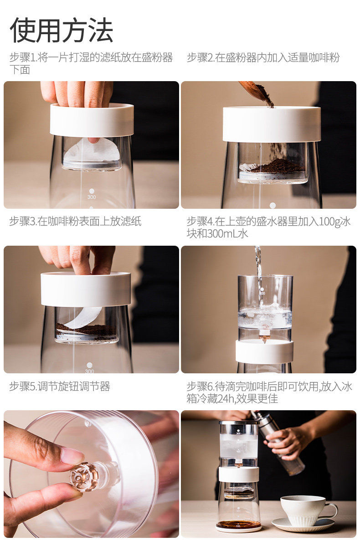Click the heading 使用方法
click(x=61, y=31)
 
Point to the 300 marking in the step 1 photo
click(x=92, y=197)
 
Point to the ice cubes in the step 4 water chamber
click(x=265, y=315)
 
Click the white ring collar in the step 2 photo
click(x=272, y=124)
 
